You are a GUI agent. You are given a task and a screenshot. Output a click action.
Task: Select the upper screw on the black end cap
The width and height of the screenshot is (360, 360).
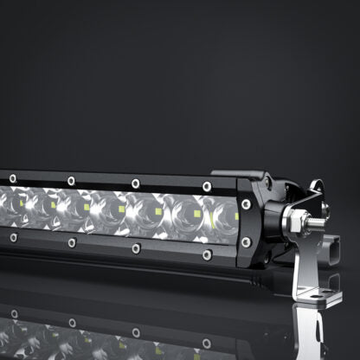click(247, 203)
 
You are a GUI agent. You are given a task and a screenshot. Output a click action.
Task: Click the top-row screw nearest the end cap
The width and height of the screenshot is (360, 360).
click(207, 185)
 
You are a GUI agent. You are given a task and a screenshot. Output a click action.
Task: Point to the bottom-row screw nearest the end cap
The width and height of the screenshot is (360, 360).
click(206, 254)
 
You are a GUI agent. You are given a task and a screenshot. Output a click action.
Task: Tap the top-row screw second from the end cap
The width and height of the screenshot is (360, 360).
click(135, 183)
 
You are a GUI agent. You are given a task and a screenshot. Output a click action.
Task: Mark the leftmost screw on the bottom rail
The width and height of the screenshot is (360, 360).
click(12, 236)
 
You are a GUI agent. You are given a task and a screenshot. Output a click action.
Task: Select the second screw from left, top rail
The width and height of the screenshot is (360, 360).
click(71, 181)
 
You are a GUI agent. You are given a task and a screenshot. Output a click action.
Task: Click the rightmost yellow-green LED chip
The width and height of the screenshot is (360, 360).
click(198, 214)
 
